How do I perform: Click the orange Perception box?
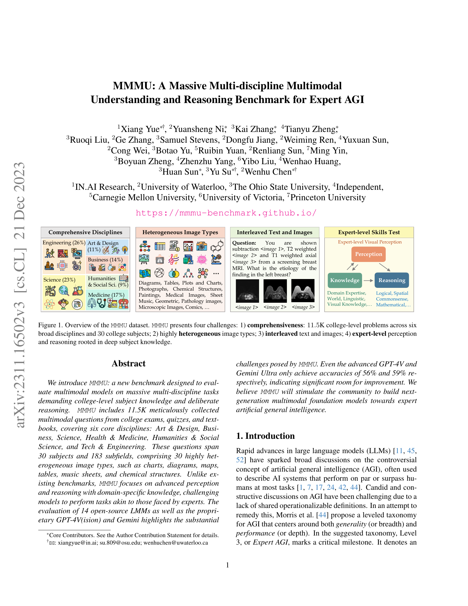pyautogui.click(x=368, y=254)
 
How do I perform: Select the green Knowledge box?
pyautogui.click(x=345, y=280)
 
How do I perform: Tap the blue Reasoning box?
pyautogui.click(x=392, y=280)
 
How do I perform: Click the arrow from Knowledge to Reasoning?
pyautogui.click(x=368, y=280)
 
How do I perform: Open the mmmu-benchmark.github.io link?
pyautogui.click(x=226, y=213)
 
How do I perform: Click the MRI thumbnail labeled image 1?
pyautogui.click(x=247, y=291)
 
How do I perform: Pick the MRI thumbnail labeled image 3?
pyautogui.click(x=303, y=291)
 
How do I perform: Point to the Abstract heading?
pyautogui.click(x=128, y=364)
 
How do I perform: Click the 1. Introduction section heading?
pyautogui.click(x=265, y=436)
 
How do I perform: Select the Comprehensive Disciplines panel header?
pyautogui.click(x=85, y=232)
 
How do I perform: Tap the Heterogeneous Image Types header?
pyautogui.click(x=180, y=232)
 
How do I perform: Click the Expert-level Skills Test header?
pyautogui.click(x=369, y=232)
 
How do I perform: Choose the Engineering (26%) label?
pyautogui.click(x=64, y=242)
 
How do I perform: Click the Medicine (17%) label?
pyautogui.click(x=106, y=295)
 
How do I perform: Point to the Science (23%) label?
pyautogui.click(x=59, y=280)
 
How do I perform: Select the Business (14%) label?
pyautogui.click(x=105, y=260)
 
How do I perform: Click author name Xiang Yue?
pyautogui.click(x=140, y=129)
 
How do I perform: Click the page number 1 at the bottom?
pyautogui.click(x=228, y=565)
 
